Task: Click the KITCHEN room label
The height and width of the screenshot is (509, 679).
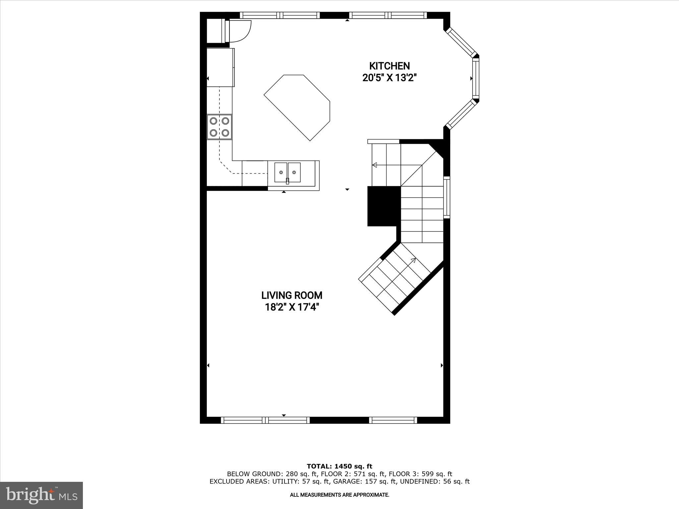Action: click(x=390, y=66)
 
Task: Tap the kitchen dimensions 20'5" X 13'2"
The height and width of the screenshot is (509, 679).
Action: click(x=390, y=78)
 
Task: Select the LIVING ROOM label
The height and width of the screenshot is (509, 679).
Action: click(x=292, y=295)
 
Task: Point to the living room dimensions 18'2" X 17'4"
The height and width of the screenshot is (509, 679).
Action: click(x=292, y=308)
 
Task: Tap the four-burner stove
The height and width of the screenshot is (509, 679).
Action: click(x=219, y=127)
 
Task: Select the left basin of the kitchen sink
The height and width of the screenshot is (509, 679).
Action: click(x=281, y=172)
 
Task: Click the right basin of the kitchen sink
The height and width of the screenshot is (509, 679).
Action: click(x=294, y=172)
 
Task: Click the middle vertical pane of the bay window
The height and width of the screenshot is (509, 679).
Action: click(x=476, y=79)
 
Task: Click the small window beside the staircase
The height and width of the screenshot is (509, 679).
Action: click(x=447, y=198)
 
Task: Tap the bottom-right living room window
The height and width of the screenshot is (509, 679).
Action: click(x=393, y=420)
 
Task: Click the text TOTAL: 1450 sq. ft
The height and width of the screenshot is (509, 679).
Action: click(x=339, y=467)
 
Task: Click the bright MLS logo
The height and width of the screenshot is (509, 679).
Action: click(x=41, y=495)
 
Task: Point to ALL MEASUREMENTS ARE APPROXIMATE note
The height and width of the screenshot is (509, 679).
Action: click(x=339, y=495)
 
